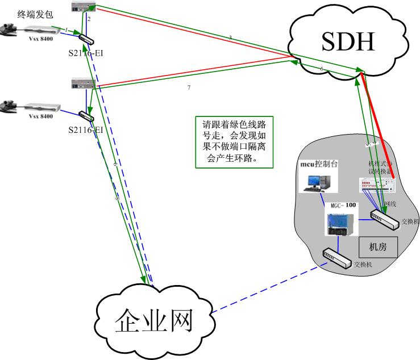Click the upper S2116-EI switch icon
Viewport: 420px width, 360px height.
(87, 38)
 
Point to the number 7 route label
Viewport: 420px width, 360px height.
(189, 88)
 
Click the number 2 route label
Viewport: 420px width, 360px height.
(89, 19)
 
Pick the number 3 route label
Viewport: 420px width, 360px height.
(230, 37)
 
